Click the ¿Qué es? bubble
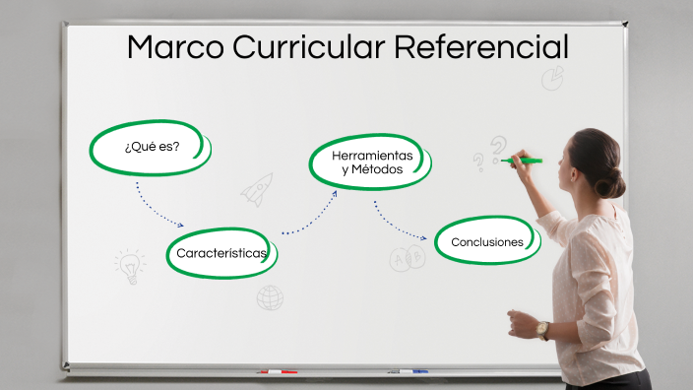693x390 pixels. (x=151, y=148)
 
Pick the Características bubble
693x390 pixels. (x=221, y=253)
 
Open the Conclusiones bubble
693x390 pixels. (x=486, y=242)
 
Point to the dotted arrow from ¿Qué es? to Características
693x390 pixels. (x=157, y=208)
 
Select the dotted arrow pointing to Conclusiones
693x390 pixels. (x=400, y=224)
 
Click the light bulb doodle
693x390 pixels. (x=129, y=265)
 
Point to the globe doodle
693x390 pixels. (x=270, y=297)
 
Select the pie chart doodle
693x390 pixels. (x=553, y=77)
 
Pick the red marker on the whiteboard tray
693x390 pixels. (x=277, y=372)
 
